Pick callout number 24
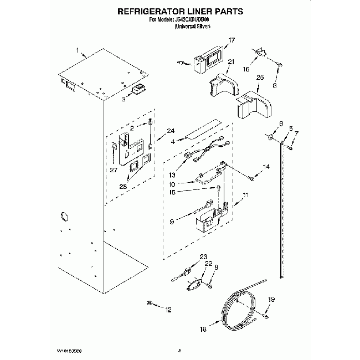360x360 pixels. coord(170,131)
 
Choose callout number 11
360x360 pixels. coord(246,194)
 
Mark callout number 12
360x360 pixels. coord(169,309)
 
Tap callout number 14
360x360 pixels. coord(266,167)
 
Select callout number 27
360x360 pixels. coord(114,170)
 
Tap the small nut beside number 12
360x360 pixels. coord(150,303)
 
